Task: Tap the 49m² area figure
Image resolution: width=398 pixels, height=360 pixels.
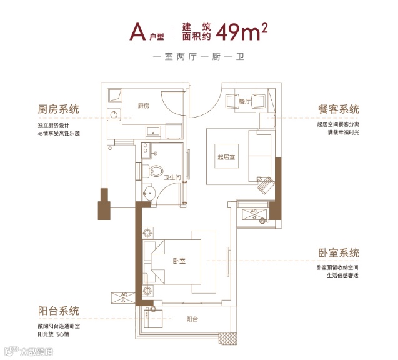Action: tap(241, 32)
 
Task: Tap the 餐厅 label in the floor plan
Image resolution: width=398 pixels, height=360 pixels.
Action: tap(245, 100)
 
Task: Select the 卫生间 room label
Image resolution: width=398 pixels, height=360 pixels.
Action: tap(172, 178)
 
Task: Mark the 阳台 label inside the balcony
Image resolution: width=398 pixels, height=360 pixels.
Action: tap(192, 320)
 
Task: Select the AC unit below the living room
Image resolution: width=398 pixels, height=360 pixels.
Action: tap(254, 213)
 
